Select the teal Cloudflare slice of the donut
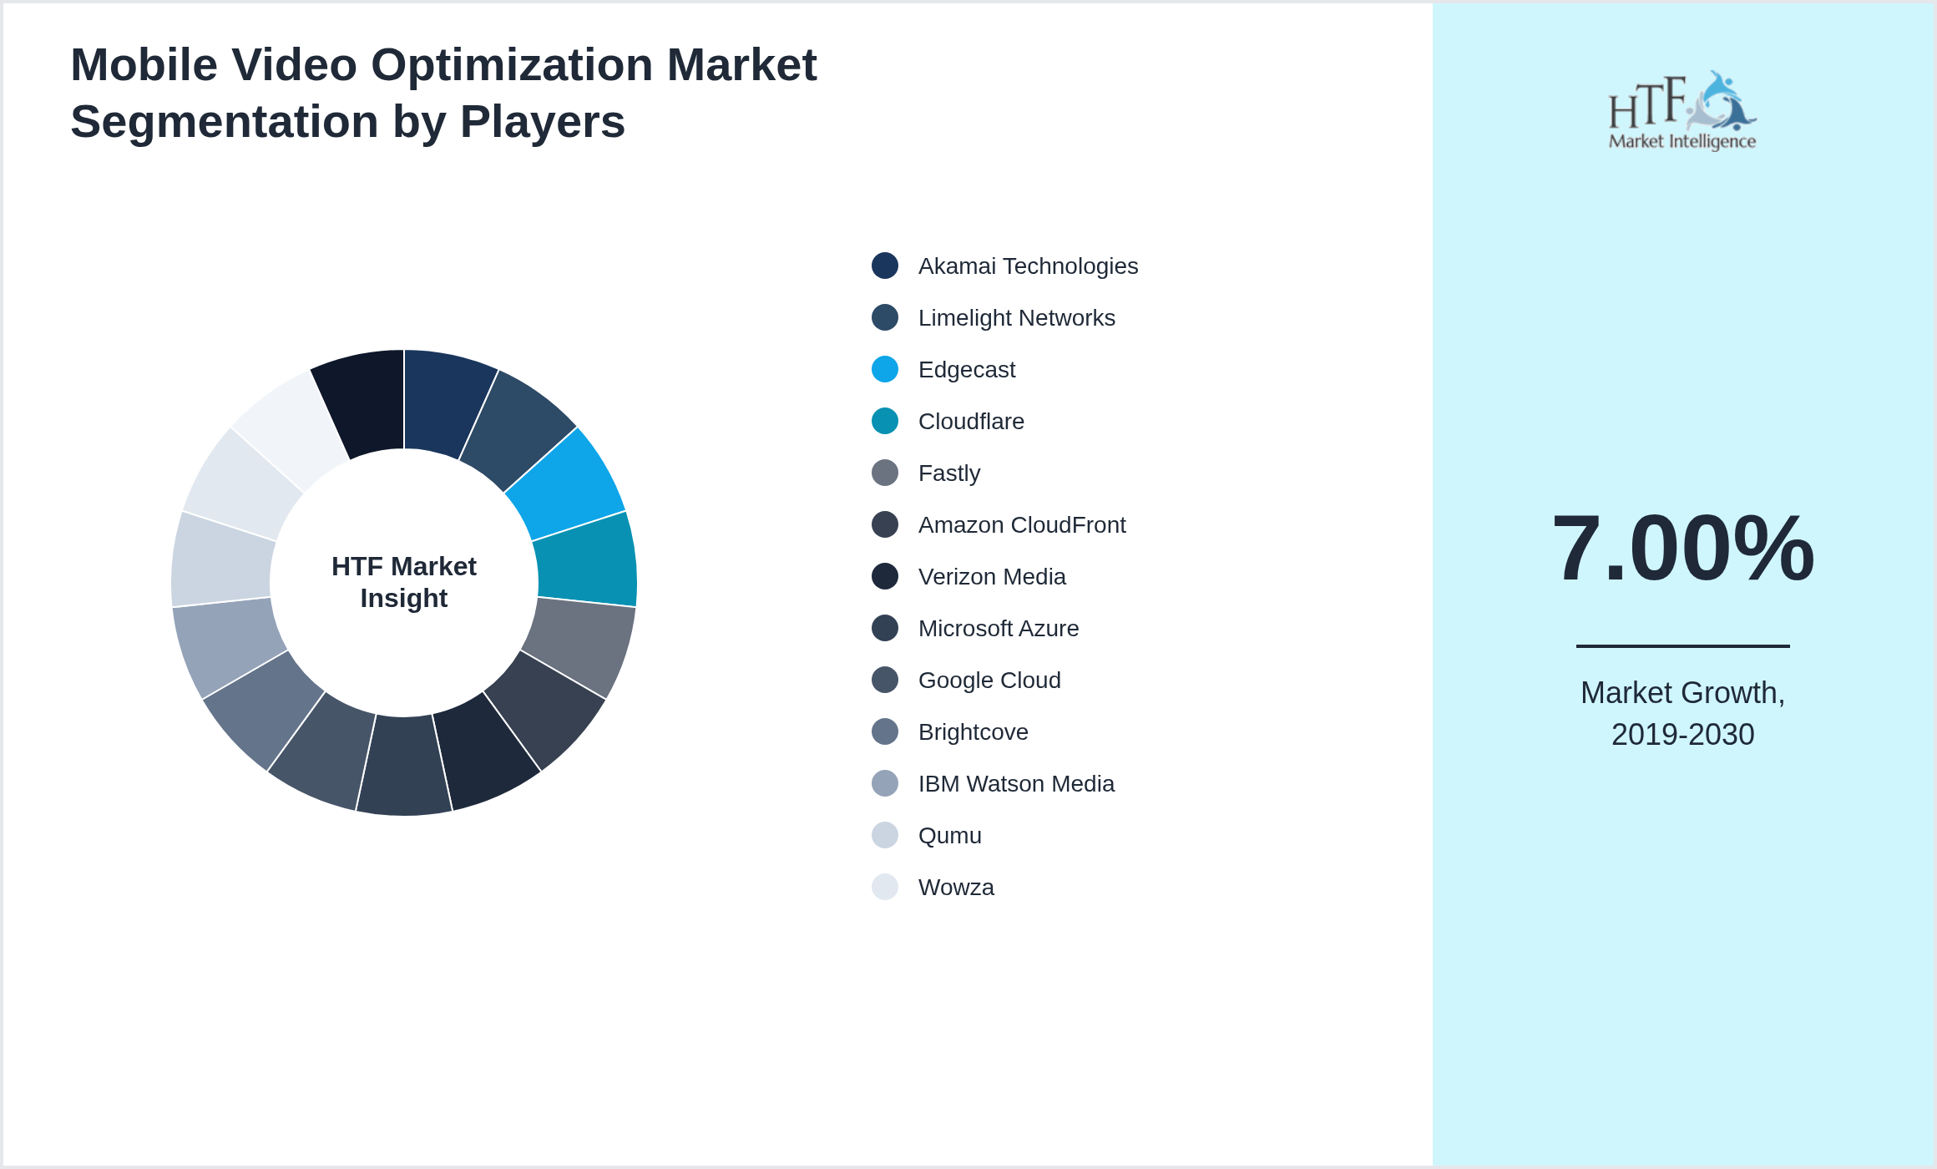coord(586,559)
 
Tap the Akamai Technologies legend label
coord(1027,266)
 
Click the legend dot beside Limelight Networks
coord(884,317)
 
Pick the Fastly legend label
coord(948,473)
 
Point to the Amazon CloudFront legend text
coord(1021,525)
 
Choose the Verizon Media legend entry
coord(991,577)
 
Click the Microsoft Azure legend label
coord(998,629)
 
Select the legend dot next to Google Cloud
coord(884,680)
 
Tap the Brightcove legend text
coord(973,732)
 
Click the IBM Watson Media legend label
coord(1015,784)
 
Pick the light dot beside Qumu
coord(884,835)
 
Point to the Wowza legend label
coord(955,888)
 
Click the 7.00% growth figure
coord(1682,549)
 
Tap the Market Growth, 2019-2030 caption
coord(1682,714)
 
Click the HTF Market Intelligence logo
coord(1682,111)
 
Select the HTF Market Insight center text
coord(404,582)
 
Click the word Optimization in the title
coord(512,65)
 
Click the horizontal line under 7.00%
coord(1682,645)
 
